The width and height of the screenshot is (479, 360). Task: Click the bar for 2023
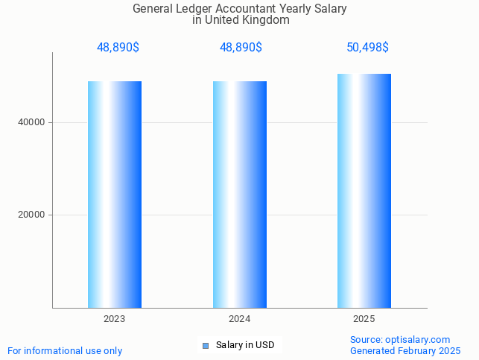tap(115, 194)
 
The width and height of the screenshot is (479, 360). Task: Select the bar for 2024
tap(240, 194)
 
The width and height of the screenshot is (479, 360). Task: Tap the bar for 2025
tap(364, 190)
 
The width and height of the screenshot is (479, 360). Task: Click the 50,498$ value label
tap(367, 47)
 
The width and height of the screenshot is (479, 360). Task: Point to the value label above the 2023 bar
tap(118, 47)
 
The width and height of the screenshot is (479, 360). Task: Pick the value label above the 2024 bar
tap(241, 47)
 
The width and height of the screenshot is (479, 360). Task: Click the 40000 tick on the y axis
tap(31, 122)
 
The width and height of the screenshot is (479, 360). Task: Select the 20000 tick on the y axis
tap(31, 215)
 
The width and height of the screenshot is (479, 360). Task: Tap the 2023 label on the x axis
tap(115, 319)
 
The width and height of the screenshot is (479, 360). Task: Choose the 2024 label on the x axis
tap(240, 319)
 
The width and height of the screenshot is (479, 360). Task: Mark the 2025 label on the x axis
tap(364, 319)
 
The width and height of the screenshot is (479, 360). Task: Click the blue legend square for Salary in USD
tap(206, 345)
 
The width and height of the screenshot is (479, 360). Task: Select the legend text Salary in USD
tap(245, 345)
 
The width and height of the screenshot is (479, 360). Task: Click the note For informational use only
tap(65, 350)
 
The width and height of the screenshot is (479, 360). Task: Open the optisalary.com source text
tap(400, 339)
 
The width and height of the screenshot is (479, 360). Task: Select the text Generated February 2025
tap(405, 350)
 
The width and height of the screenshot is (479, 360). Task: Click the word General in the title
tap(153, 9)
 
